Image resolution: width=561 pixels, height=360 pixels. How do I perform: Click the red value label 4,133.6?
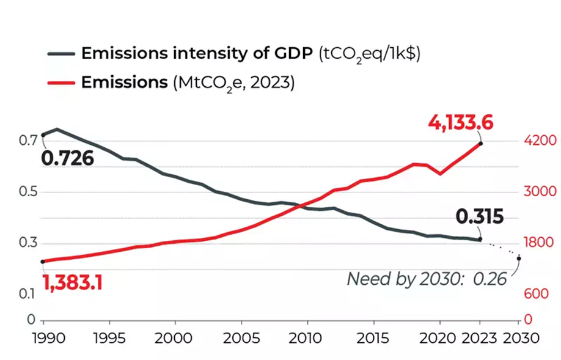point(460,122)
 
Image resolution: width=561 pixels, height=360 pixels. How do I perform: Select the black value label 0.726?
point(67,159)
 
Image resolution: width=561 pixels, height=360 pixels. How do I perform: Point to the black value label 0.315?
point(479,217)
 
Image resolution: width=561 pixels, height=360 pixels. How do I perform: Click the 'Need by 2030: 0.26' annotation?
point(427,279)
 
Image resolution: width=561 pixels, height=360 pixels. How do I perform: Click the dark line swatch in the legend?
point(61,53)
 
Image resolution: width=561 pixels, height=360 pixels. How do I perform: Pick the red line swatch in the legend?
point(61,83)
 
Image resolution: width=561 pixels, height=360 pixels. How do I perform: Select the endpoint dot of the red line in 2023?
point(481,144)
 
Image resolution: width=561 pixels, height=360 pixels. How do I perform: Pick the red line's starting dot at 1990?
point(43,262)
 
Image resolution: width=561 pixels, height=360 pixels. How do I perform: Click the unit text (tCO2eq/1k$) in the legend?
point(369,54)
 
